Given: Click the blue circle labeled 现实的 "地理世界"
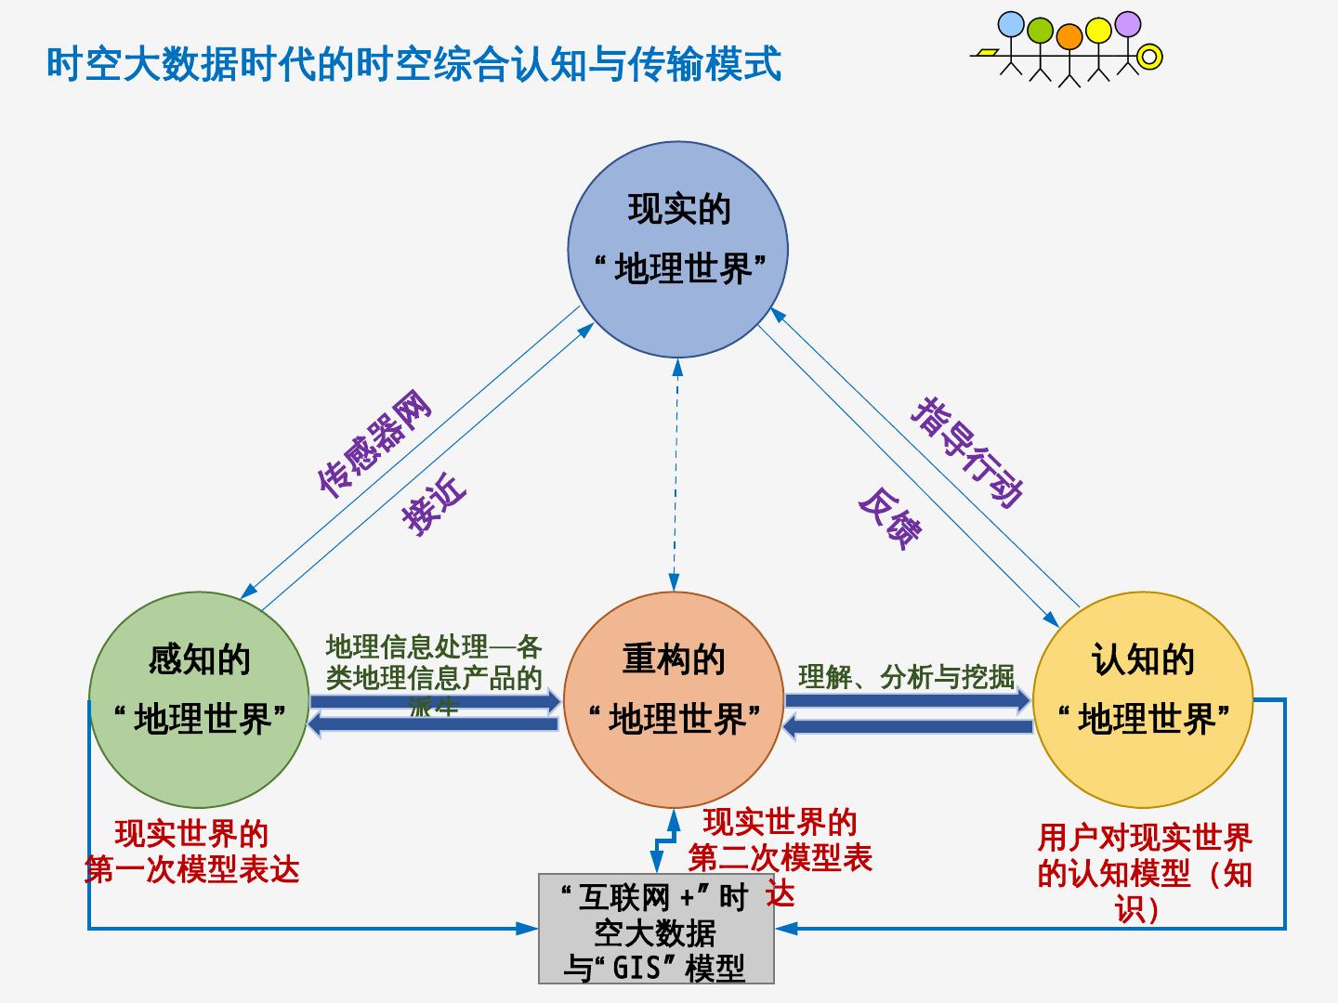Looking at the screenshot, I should point(677,249).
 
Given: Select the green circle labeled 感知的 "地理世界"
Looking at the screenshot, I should point(199,698).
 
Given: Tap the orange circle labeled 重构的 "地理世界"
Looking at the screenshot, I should point(674,698).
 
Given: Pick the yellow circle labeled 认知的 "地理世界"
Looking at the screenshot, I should point(1143,698).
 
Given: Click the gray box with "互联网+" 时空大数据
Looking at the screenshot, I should point(656,929).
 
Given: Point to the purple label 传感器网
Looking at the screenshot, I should point(374,444).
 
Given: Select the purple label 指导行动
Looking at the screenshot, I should point(967,451).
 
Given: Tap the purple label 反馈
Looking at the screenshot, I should point(890,518).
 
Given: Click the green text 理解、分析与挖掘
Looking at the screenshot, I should point(906,676).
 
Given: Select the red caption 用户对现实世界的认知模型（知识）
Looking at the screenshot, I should point(1145,873).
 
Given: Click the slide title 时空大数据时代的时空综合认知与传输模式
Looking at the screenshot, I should point(414,65).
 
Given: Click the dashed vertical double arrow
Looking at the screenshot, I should point(676,474).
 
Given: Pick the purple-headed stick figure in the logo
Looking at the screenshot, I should point(1127,26).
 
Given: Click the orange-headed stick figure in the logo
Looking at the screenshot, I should point(1069,37).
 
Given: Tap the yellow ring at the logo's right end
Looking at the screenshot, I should point(1150,58).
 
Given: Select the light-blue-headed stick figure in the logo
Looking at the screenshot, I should point(1011,26).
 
